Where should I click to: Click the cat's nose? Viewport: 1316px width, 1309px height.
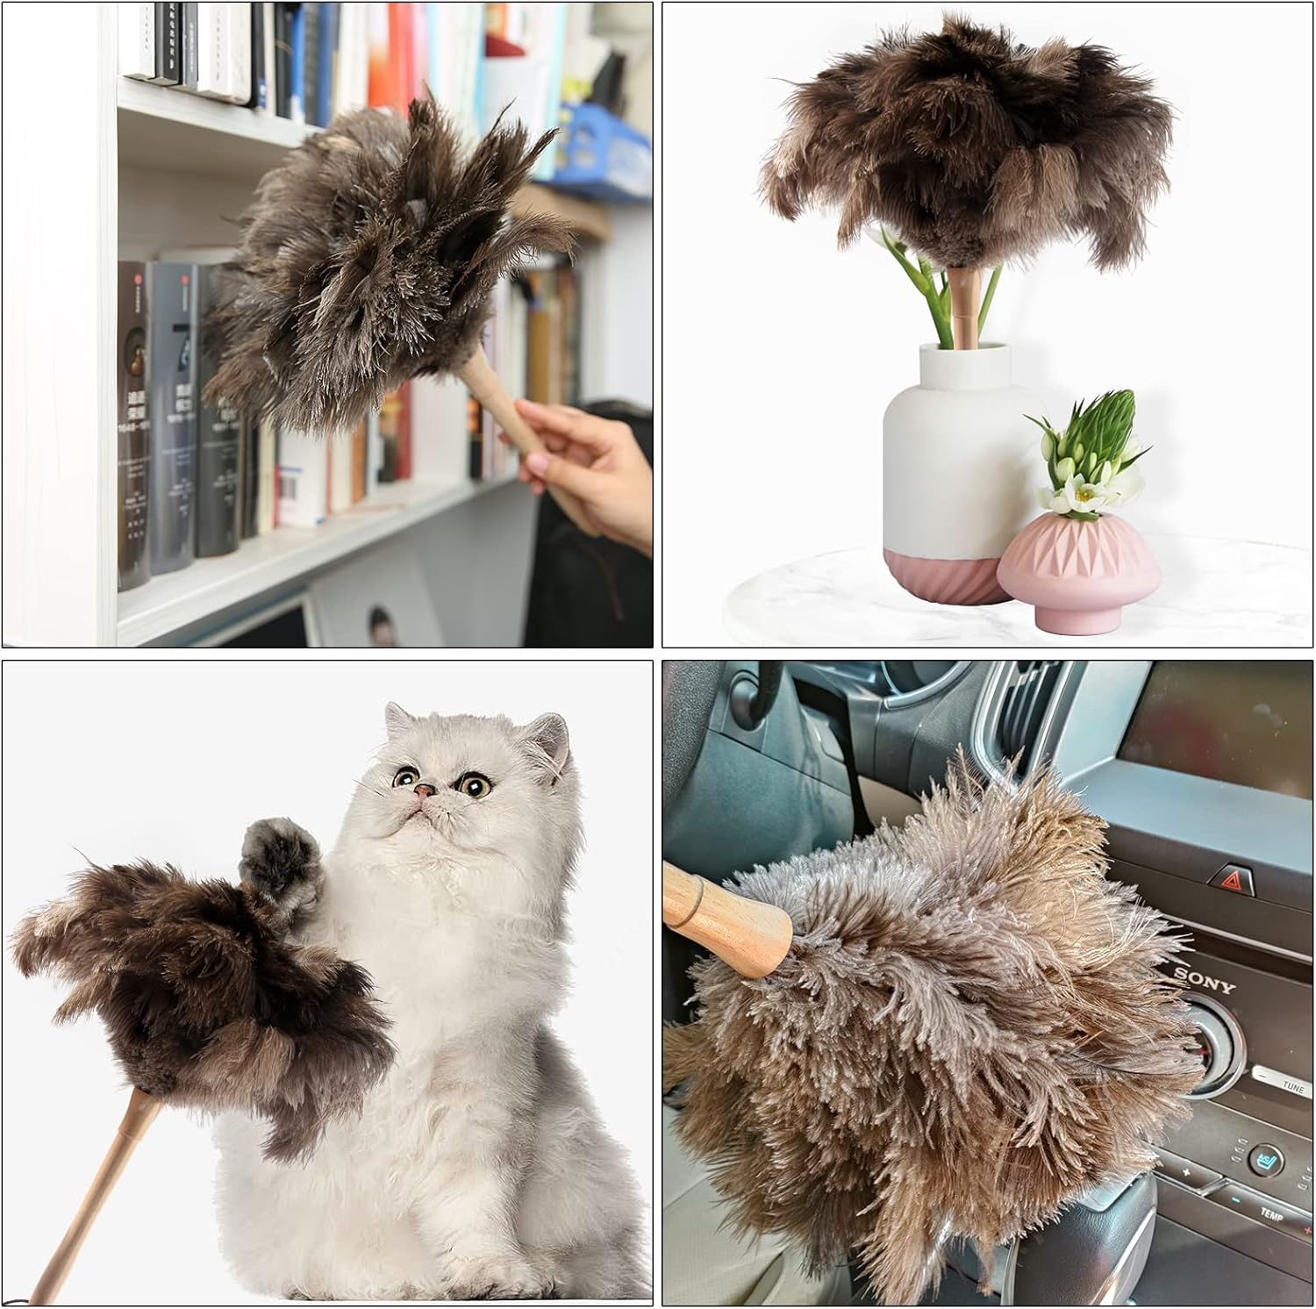(x=425, y=790)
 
